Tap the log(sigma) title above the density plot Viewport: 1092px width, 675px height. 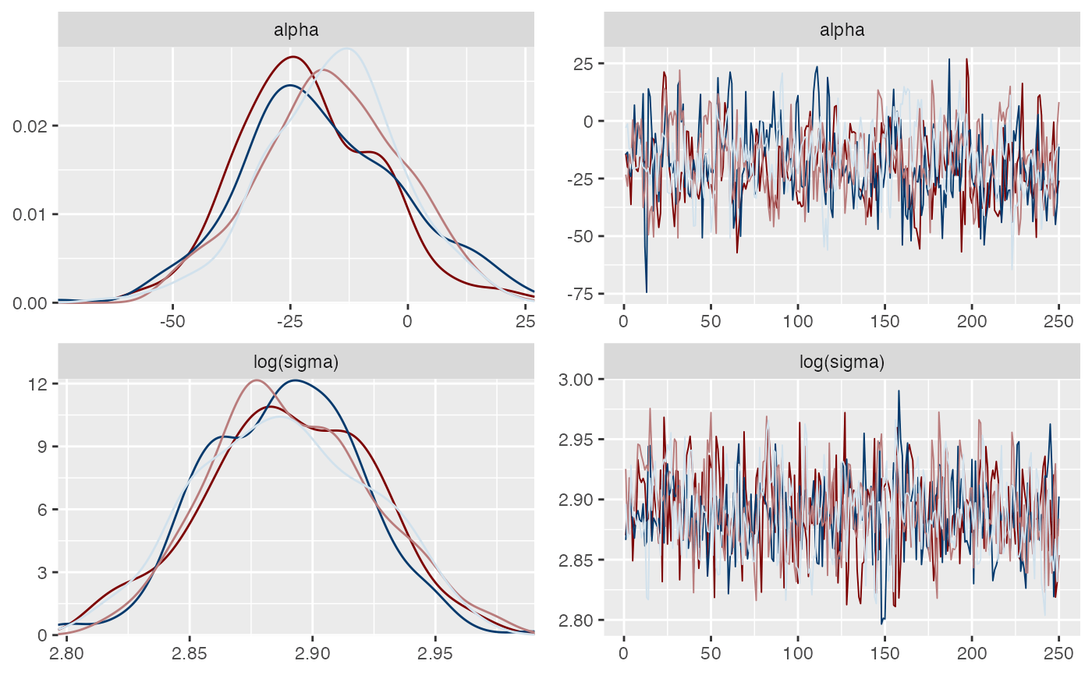click(296, 362)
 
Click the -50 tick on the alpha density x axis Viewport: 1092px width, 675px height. click(172, 320)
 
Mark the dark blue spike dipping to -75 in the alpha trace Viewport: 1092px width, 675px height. click(647, 292)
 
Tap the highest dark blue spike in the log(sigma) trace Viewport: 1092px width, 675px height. click(899, 391)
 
